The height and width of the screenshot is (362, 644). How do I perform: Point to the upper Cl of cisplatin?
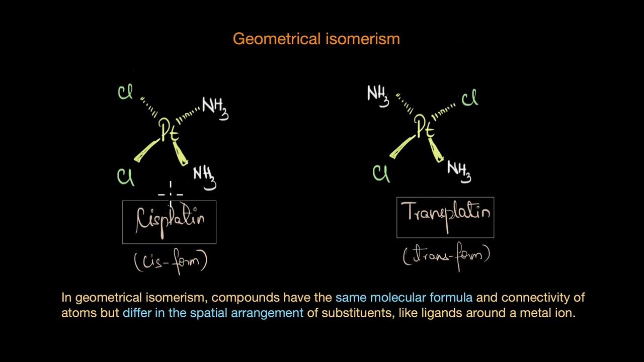(x=125, y=93)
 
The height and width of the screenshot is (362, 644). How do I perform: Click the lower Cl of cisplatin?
(x=125, y=177)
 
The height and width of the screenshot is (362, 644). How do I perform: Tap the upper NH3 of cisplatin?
(x=215, y=108)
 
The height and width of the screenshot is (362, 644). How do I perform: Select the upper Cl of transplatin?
(x=469, y=99)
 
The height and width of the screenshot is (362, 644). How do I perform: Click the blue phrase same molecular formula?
(x=404, y=298)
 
